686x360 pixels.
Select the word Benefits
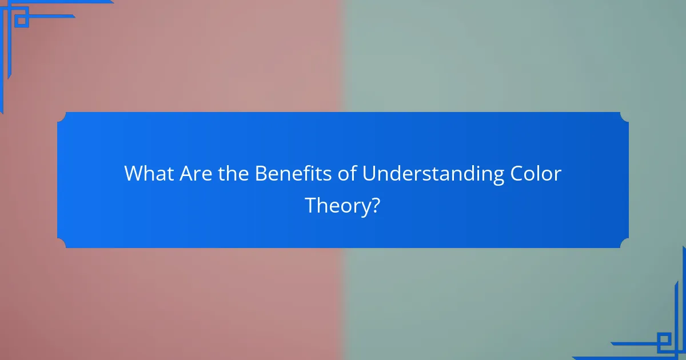coord(292,174)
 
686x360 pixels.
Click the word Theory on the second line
coord(336,206)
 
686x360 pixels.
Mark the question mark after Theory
coord(375,205)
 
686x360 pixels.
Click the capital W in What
coord(133,174)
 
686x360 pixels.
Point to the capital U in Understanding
coord(368,174)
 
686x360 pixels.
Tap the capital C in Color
coord(516,174)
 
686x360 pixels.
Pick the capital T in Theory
coord(312,205)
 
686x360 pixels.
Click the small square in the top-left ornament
coord(21,21)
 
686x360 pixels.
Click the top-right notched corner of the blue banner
coord(624,117)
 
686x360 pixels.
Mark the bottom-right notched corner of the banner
coord(624,243)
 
